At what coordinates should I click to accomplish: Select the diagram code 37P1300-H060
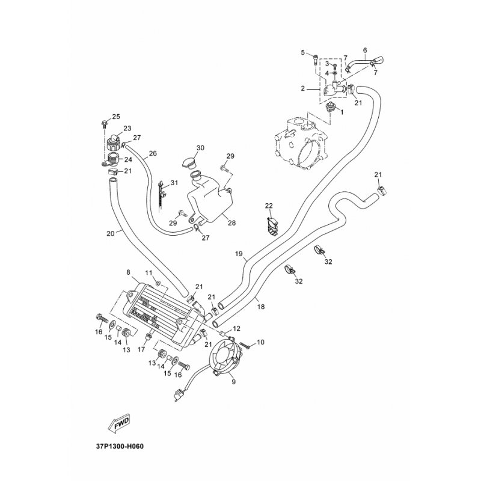pos(120,446)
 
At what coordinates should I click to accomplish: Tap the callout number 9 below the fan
pos(234,382)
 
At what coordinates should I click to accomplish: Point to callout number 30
pos(200,148)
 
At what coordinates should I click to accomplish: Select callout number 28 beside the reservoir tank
pos(232,222)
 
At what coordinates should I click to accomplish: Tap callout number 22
pos(269,206)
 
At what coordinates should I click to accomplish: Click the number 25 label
pos(116,117)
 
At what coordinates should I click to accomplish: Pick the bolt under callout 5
pos(316,60)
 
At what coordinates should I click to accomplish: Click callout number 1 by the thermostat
pos(342,112)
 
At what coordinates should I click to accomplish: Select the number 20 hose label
pos(111,233)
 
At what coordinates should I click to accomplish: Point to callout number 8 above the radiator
pos(128,272)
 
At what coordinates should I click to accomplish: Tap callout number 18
pos(261,307)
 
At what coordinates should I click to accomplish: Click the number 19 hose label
pos(239,254)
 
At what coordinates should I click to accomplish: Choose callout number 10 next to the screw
pos(260,342)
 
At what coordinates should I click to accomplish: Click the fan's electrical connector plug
pos(178,395)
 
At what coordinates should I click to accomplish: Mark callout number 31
pos(174,183)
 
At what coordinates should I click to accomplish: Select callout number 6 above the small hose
pos(365,50)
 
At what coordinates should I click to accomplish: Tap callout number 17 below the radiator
pos(141,349)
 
